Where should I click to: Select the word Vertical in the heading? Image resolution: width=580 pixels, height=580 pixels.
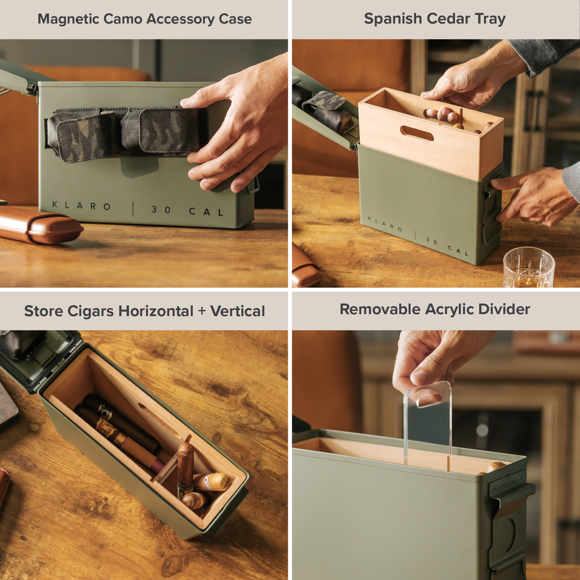(x=238, y=311)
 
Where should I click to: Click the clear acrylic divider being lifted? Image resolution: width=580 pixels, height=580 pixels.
(x=428, y=421)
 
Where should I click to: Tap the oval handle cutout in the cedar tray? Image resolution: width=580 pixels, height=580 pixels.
(x=417, y=133)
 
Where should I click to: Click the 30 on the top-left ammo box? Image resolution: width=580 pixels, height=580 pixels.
(x=161, y=210)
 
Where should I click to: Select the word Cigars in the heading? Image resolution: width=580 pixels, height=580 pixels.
(x=90, y=311)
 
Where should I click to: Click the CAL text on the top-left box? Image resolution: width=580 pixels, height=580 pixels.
(x=206, y=212)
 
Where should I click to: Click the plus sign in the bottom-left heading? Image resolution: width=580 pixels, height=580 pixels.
(x=202, y=311)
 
